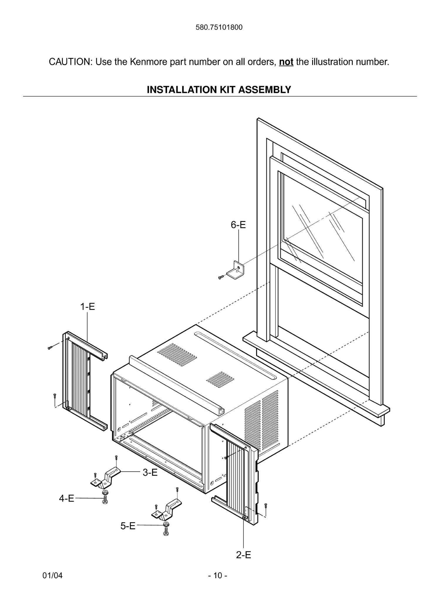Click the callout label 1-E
point(88,307)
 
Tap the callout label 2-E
point(243,555)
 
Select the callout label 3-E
point(150,473)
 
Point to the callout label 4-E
point(67,498)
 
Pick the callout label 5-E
point(128,526)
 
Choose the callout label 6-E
point(238,225)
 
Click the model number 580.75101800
point(219,27)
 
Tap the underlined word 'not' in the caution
point(286,62)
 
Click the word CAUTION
point(70,62)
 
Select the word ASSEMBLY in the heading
point(264,90)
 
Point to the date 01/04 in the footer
point(53,576)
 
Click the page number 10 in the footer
point(218,576)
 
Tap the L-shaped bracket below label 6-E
point(237,270)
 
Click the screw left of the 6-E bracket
point(221,277)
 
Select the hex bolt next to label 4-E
point(105,500)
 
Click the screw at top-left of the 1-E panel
point(50,347)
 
